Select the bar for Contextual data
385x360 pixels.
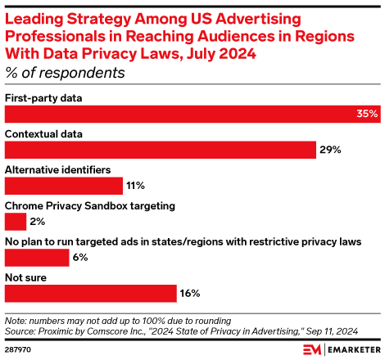pos(161,149)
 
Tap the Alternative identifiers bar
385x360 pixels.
pos(64,185)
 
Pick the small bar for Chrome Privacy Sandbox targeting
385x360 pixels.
pos(16,221)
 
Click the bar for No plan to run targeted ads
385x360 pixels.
pos(37,257)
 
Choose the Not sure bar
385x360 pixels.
pos(91,293)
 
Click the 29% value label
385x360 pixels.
pos(330,150)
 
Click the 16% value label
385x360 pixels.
pos(190,293)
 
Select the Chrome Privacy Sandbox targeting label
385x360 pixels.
pos(89,205)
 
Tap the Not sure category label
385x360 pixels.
pos(25,277)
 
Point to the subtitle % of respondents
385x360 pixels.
pos(65,73)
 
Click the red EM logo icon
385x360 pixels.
pos(313,349)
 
